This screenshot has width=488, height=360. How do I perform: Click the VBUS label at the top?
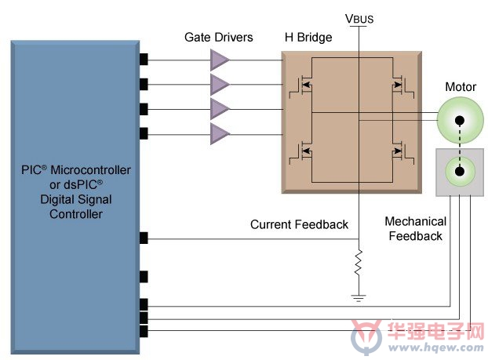click(x=359, y=19)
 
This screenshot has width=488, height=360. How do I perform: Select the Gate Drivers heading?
click(x=218, y=38)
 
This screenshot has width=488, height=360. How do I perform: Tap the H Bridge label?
click(x=308, y=38)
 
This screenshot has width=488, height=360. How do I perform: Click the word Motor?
click(x=461, y=87)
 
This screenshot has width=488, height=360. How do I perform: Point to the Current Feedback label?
click(x=299, y=224)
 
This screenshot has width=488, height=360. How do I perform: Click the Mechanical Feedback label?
click(x=416, y=229)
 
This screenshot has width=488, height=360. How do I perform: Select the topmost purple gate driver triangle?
click(x=220, y=60)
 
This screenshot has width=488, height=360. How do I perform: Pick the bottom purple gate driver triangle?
click(x=220, y=134)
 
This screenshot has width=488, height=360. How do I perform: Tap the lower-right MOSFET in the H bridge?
click(x=403, y=152)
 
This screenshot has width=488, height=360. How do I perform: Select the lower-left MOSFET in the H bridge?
click(x=300, y=152)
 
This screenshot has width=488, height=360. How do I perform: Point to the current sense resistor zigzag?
click(x=359, y=262)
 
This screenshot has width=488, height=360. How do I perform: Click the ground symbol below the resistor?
click(x=359, y=298)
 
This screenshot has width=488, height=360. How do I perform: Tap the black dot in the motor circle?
click(x=460, y=121)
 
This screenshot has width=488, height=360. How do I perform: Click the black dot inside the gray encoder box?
click(x=460, y=171)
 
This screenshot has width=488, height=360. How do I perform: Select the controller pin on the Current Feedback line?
click(x=144, y=238)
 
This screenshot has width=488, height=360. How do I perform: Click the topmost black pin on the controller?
click(x=144, y=59)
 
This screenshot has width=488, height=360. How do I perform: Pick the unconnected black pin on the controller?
click(x=144, y=277)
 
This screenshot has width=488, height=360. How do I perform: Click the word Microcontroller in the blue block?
click(x=90, y=170)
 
